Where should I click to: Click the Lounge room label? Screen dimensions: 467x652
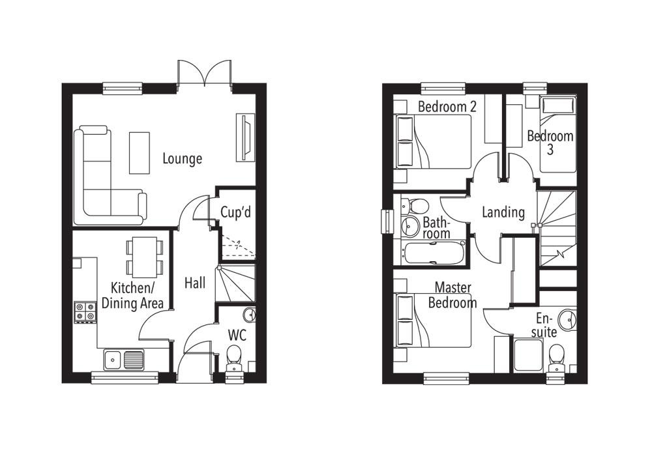[x=182, y=158]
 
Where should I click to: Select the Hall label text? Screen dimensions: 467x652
[x=194, y=283]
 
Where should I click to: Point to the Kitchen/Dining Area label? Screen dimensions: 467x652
[x=132, y=295]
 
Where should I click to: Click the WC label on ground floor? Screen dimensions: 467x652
[x=236, y=335]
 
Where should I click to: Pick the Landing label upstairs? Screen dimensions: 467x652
[x=503, y=212]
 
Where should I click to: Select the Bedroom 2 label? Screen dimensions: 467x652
[x=446, y=106]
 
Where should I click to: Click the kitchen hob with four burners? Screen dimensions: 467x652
[x=83, y=311]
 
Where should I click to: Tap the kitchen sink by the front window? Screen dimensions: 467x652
[x=123, y=359]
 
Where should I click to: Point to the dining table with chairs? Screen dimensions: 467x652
[x=144, y=256]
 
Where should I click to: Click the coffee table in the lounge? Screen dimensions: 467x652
[x=139, y=153]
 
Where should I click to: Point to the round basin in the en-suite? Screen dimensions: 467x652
[x=567, y=319]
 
